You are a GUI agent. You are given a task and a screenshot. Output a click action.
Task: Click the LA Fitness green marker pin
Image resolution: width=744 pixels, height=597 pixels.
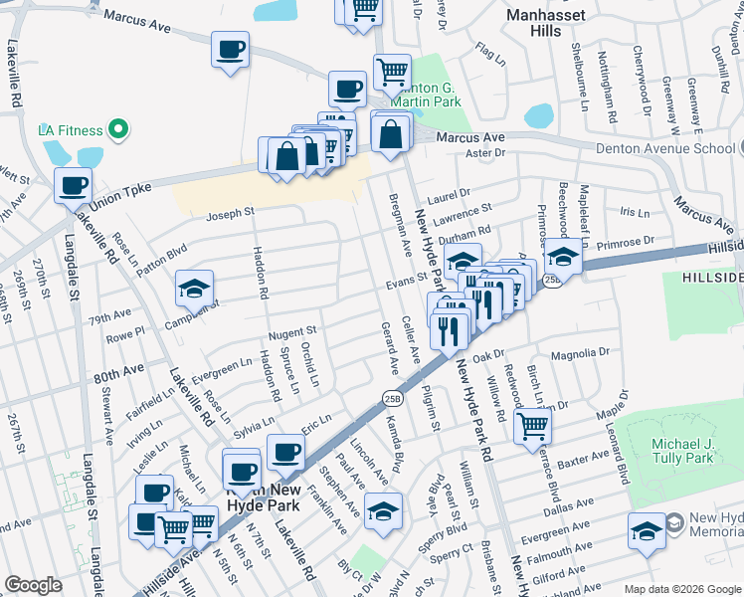coord(117,130)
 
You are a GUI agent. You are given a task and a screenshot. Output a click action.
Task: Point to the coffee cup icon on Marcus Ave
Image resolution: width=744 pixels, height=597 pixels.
coord(230,49)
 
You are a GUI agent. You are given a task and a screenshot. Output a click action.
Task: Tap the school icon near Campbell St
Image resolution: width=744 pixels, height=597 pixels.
coord(194,289)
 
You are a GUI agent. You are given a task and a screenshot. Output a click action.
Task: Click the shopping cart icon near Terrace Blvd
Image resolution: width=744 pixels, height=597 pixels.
coord(533,426)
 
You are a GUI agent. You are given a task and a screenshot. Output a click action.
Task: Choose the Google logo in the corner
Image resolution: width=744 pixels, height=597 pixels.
coord(33,585)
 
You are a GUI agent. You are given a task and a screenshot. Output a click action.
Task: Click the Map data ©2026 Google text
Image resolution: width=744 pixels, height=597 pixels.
coord(682,589)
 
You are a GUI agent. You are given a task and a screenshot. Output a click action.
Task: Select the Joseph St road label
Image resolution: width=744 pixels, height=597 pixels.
coord(230,213)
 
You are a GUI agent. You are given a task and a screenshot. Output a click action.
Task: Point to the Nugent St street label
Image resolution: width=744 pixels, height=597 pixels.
coord(290,331)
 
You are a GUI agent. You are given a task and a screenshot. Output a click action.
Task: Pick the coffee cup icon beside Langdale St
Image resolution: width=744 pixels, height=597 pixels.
coord(73,185)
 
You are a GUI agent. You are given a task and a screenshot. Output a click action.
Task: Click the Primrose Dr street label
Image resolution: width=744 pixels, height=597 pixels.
coord(626,240)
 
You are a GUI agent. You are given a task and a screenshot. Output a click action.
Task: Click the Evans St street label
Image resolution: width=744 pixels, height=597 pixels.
coord(406,285)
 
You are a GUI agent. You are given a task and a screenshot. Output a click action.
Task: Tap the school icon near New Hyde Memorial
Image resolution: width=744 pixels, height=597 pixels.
coord(647,531)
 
